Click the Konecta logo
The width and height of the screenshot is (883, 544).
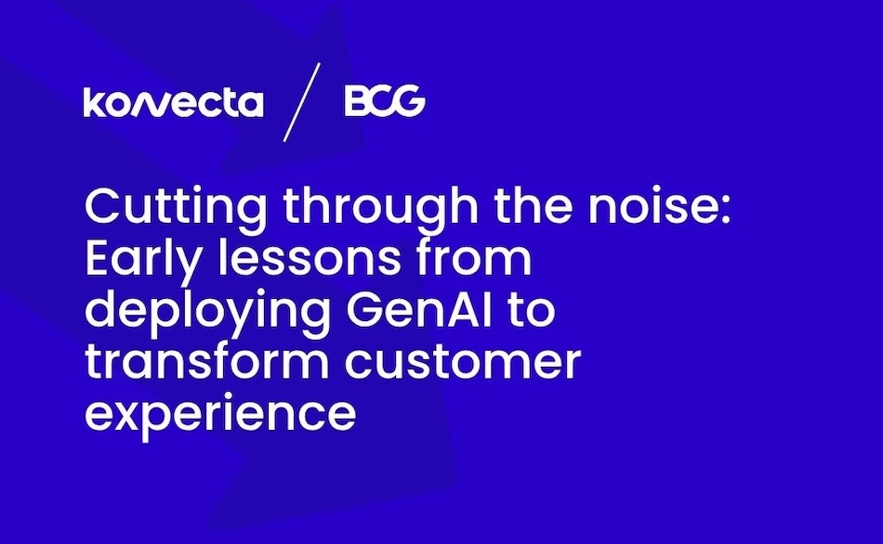173,102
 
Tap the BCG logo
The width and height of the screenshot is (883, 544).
385,100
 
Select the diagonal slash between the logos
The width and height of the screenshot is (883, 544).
302,102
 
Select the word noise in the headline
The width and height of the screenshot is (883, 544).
652,208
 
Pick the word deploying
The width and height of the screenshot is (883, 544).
208,312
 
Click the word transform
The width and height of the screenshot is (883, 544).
207,361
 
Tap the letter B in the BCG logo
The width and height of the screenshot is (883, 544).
356,101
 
